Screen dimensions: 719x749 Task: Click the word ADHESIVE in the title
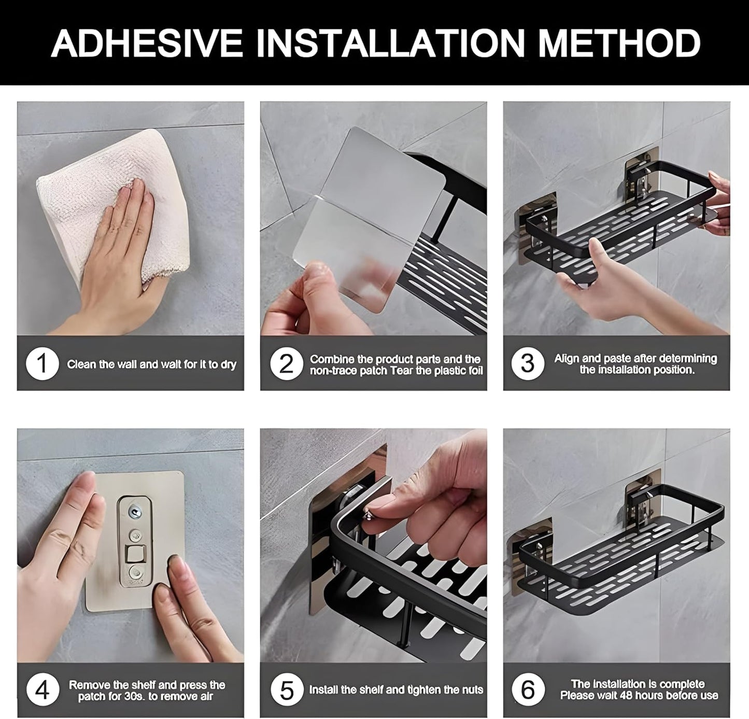pos(147,43)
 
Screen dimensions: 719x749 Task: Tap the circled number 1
pos(42,364)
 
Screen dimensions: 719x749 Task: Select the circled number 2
pos(286,364)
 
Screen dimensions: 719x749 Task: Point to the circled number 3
pos(527,364)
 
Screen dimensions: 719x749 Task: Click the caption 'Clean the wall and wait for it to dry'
pos(151,364)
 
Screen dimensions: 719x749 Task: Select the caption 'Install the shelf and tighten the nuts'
pos(396,690)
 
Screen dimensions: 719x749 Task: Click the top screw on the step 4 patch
pos(135,513)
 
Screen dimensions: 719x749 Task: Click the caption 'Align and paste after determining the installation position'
pos(636,364)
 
